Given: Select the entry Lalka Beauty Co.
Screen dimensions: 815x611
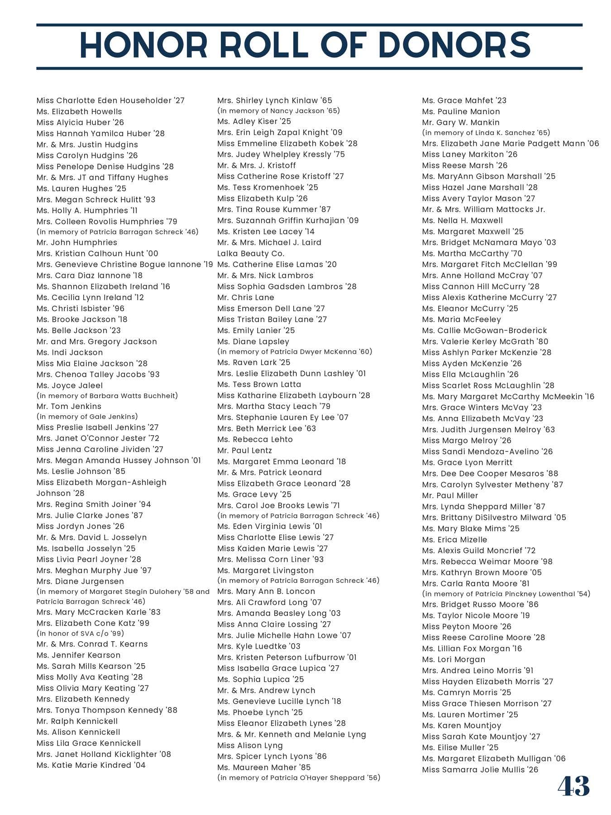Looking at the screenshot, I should click(251, 254).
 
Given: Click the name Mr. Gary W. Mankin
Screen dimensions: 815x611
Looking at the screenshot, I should click(461, 122).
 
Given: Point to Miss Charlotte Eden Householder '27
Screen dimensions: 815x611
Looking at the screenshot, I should click(110, 101).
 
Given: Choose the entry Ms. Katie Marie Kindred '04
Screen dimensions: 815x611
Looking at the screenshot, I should click(91, 765).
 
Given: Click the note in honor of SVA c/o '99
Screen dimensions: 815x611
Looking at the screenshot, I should click(80, 633).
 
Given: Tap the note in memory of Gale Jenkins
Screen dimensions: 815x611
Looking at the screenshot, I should click(87, 417).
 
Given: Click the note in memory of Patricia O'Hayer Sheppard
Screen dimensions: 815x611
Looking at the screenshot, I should click(299, 778).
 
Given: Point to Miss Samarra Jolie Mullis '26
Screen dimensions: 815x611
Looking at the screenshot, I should click(480, 770).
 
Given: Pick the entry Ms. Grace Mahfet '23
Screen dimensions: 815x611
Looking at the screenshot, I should click(464, 101).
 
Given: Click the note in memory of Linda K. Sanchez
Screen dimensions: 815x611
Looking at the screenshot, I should click(486, 133).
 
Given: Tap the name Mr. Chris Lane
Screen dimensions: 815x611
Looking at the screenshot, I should click(246, 297).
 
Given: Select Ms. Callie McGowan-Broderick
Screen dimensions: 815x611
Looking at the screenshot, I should click(484, 331).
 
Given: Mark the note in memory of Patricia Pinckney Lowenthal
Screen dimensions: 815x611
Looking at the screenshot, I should click(506, 594).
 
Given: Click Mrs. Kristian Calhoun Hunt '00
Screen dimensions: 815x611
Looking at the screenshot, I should click(97, 254).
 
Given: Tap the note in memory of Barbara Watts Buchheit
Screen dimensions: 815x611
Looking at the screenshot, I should click(107, 396).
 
